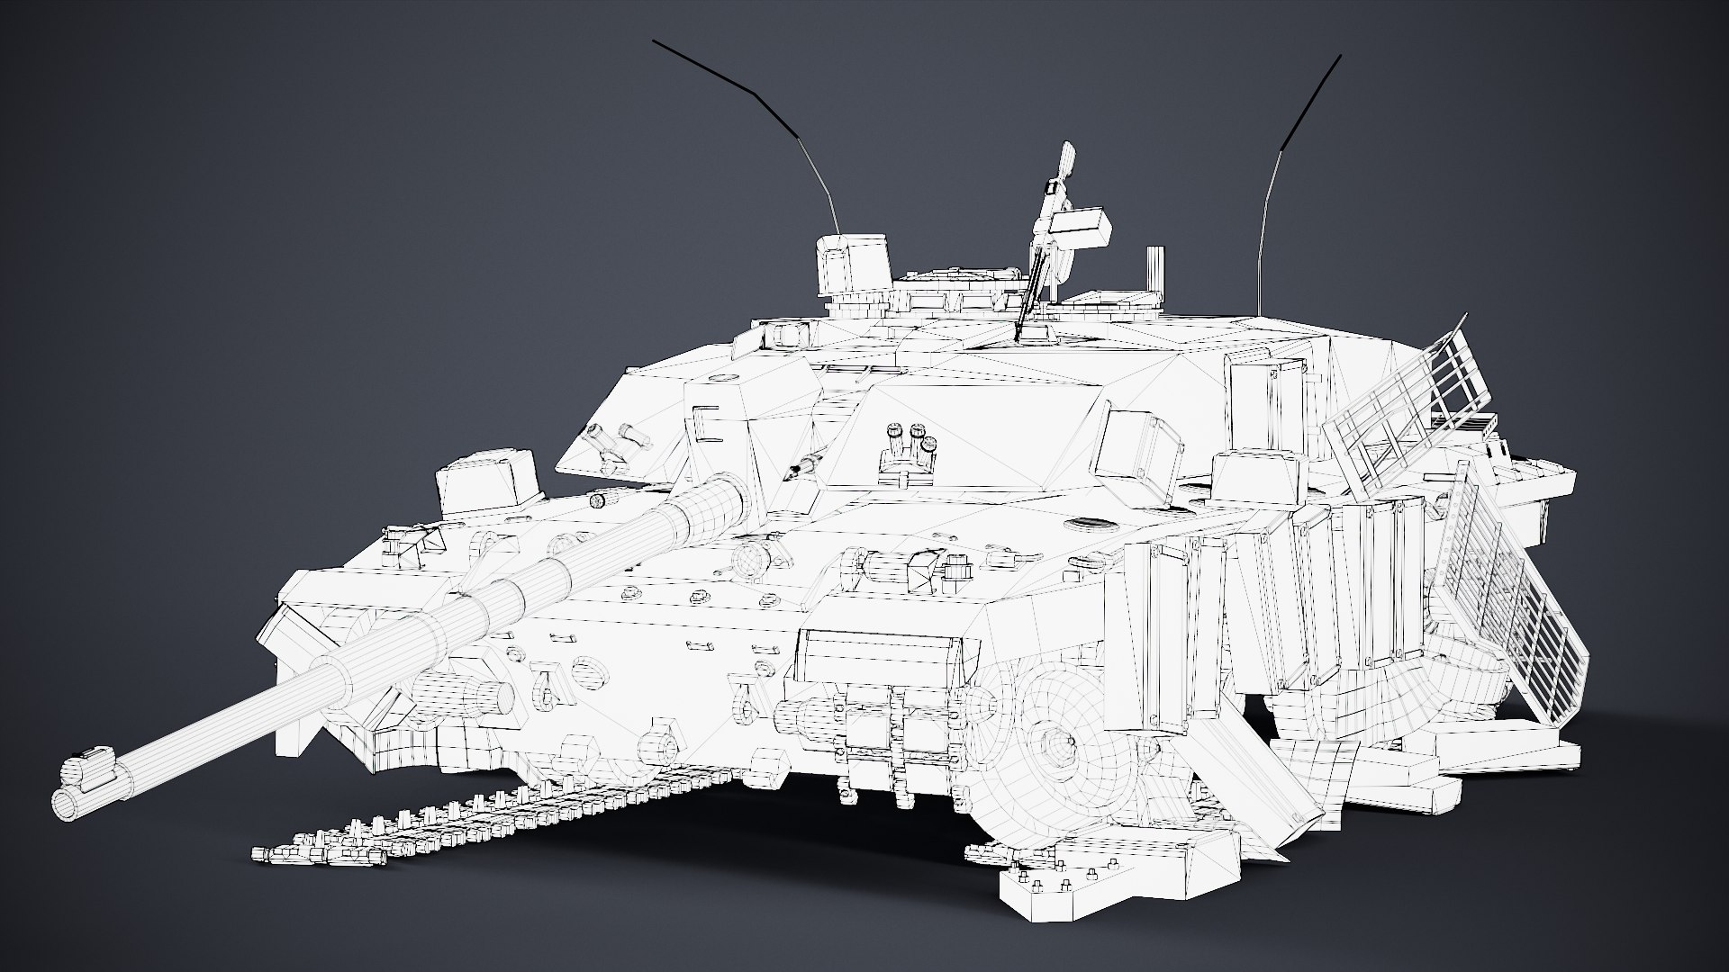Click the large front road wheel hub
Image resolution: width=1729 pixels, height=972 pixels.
[1055, 746]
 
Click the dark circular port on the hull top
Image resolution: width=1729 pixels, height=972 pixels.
[1088, 525]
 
